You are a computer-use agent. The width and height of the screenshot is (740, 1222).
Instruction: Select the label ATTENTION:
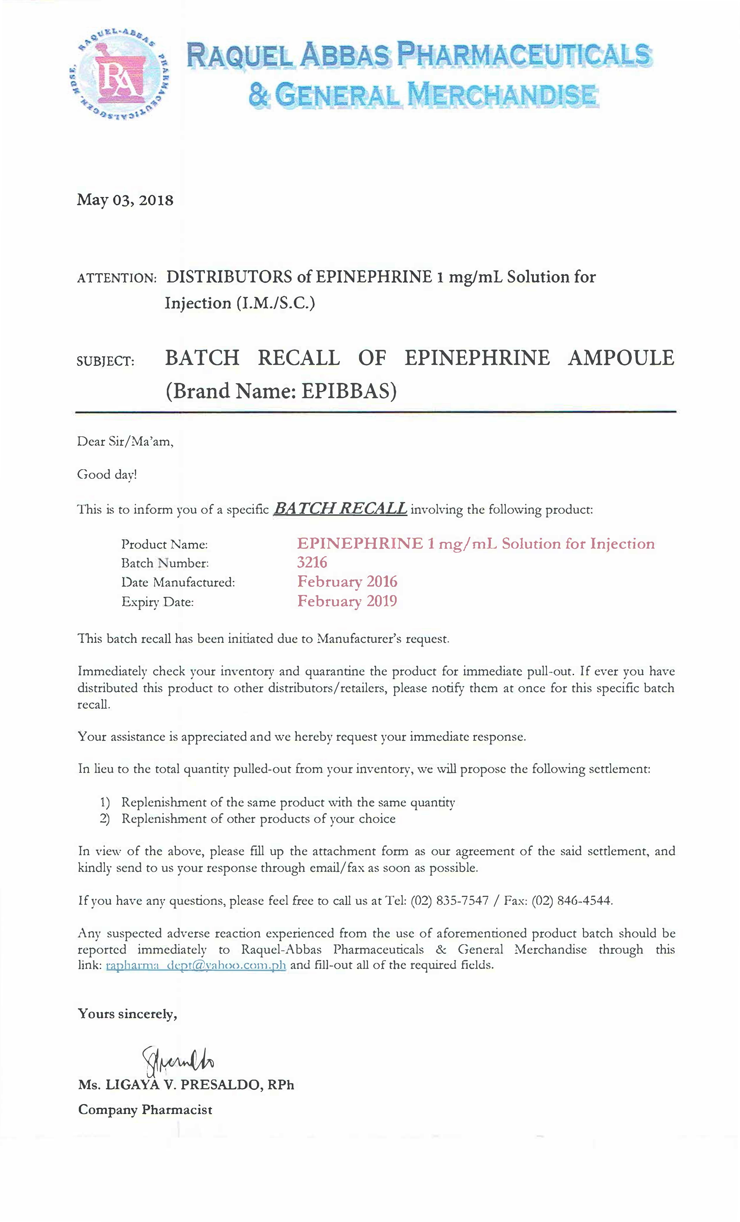tap(117, 278)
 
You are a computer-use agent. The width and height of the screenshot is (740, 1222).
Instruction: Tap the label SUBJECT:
tap(106, 361)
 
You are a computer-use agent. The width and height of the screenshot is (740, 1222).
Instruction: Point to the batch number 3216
tap(312, 562)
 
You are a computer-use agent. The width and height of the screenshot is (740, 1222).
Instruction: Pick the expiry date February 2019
tap(347, 601)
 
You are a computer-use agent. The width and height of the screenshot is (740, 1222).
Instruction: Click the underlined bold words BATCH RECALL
tap(340, 508)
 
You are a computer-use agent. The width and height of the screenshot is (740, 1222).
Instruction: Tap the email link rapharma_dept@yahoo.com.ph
tap(196, 965)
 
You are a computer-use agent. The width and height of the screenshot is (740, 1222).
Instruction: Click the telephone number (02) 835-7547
tap(450, 900)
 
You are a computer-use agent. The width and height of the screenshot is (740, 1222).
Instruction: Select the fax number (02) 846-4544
tap(572, 900)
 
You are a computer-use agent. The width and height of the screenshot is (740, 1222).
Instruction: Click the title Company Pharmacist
tap(145, 1109)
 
